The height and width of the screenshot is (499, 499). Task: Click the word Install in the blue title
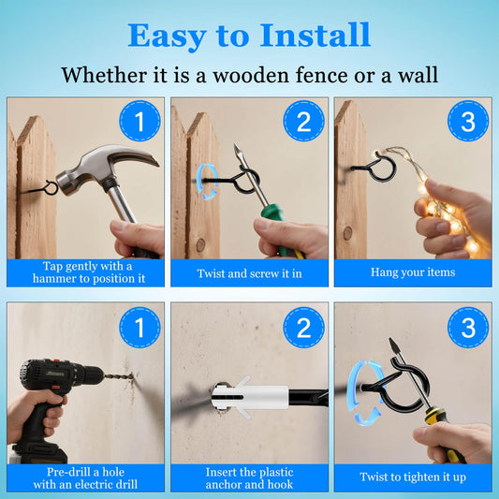(x=316, y=35)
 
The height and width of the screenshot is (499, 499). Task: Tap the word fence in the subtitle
(x=321, y=76)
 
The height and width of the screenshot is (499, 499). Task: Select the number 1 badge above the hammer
(x=139, y=121)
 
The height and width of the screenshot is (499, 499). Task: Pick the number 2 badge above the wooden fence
(x=303, y=121)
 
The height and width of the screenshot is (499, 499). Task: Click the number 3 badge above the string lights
(x=468, y=121)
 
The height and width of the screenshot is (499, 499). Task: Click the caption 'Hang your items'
(x=413, y=272)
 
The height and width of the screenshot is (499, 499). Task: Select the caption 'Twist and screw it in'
(x=249, y=273)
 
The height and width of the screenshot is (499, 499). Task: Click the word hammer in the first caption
(x=53, y=279)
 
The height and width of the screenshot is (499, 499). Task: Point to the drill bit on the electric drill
(x=118, y=375)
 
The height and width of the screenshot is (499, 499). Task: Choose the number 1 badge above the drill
(x=139, y=327)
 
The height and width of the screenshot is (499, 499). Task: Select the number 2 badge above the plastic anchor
(x=303, y=327)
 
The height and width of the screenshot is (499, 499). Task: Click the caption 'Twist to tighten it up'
(x=413, y=477)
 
